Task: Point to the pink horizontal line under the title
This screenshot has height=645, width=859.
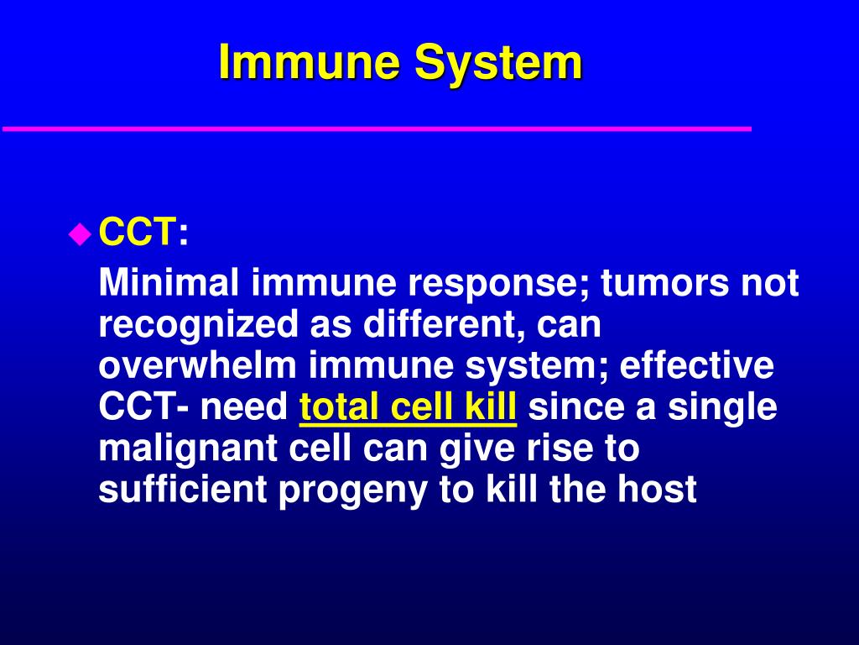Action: click(x=377, y=128)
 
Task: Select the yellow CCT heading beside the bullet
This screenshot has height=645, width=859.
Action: click(x=138, y=233)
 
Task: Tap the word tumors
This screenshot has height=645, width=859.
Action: click(x=664, y=284)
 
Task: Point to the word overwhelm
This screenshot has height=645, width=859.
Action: click(x=198, y=366)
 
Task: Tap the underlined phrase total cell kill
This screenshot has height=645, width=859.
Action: click(x=408, y=408)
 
